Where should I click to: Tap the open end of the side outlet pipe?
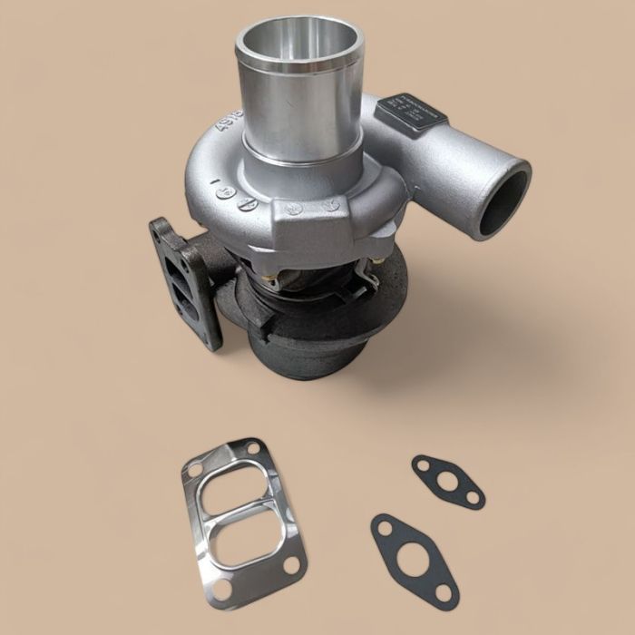[x=505, y=202]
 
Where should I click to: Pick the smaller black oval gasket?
[x=447, y=482]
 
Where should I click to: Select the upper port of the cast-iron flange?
[x=178, y=259]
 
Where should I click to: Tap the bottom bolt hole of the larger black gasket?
[x=445, y=593]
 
